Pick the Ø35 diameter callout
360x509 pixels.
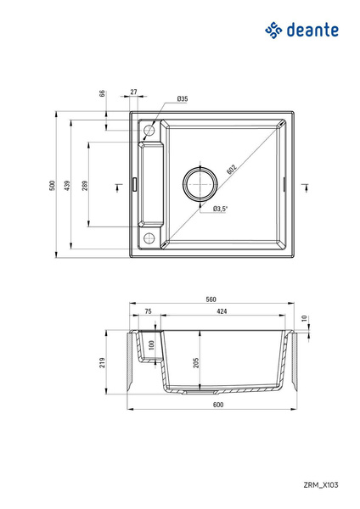[x=182, y=99]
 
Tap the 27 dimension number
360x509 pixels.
[x=134, y=92]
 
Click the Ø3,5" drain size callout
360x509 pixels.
[x=223, y=209]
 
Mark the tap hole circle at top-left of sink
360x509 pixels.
[x=149, y=131]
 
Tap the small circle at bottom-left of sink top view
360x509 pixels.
[x=149, y=238]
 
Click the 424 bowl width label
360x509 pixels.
[x=221, y=312]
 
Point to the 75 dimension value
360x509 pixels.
[x=148, y=312]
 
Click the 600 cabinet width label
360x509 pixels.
[x=218, y=405]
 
